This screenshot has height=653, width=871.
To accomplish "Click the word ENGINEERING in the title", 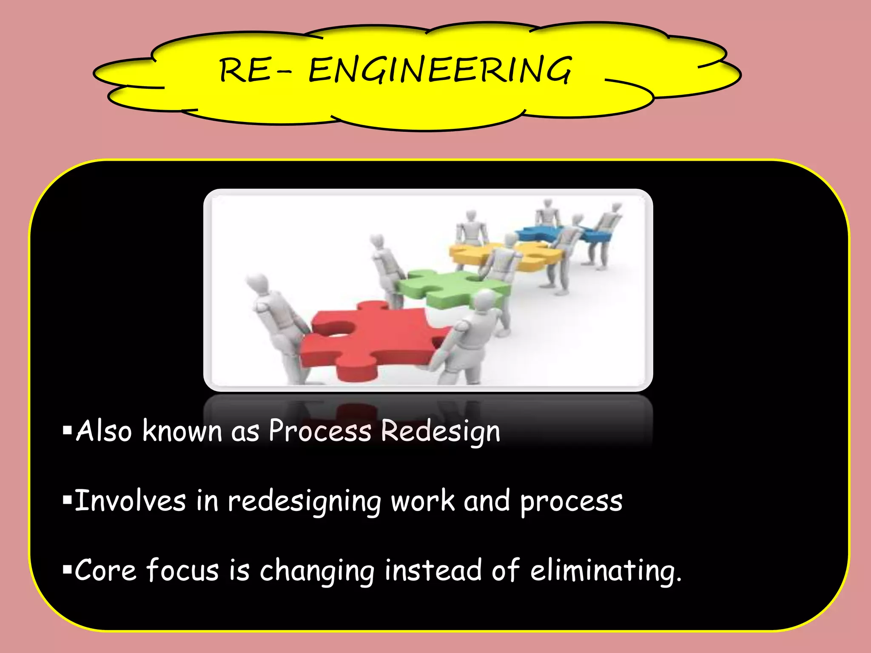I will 440,70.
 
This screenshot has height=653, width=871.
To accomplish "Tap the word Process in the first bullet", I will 320,432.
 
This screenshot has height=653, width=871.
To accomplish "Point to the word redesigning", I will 304,502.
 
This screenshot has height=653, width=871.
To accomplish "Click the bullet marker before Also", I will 67,431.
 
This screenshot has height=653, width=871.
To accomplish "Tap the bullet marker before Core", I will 67,570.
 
